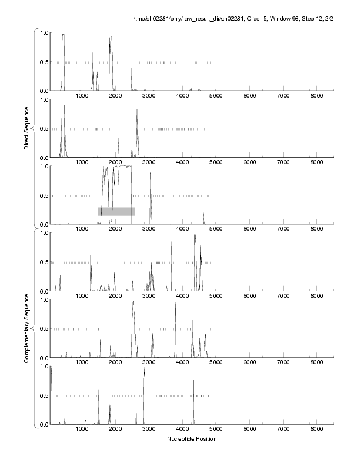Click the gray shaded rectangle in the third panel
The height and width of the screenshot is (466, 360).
tap(116, 211)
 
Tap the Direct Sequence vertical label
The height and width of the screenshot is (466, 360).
tap(27, 128)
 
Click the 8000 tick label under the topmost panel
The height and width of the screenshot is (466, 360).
tap(317, 95)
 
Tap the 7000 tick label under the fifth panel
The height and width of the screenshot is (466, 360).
tap(284, 362)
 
